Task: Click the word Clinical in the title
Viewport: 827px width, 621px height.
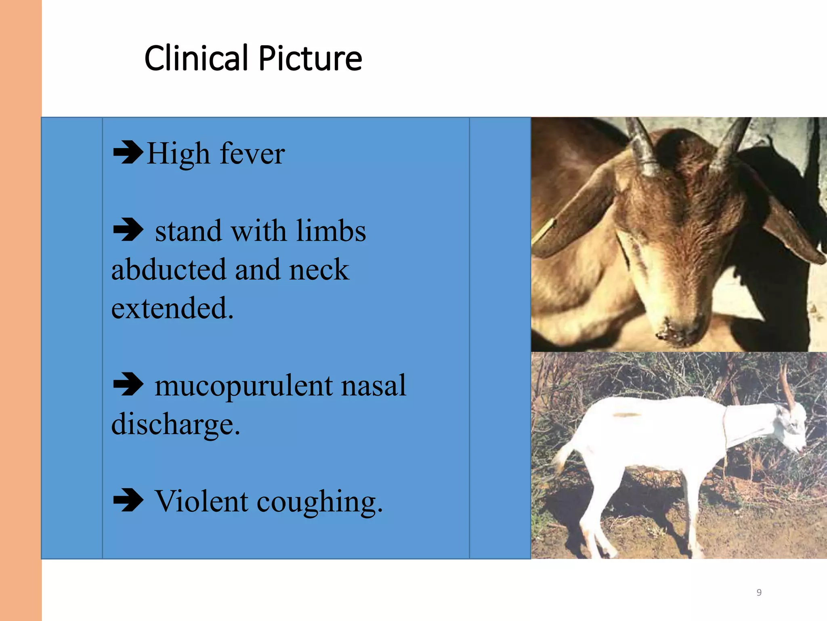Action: pyautogui.click(x=196, y=59)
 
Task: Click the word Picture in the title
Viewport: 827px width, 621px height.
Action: pyautogui.click(x=310, y=59)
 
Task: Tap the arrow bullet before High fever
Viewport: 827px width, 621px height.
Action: pyautogui.click(x=128, y=152)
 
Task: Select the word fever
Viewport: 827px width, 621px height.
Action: pyautogui.click(x=252, y=154)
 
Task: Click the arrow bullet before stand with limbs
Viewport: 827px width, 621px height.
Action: pyautogui.click(x=128, y=230)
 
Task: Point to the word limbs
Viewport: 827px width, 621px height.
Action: pyautogui.click(x=331, y=231)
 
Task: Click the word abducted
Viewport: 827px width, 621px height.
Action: pyautogui.click(x=168, y=269)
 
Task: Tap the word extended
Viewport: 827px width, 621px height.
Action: pyautogui.click(x=172, y=308)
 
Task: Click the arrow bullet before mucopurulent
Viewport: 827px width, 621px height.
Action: pyautogui.click(x=128, y=384)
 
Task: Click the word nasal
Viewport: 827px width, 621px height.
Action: pyautogui.click(x=374, y=385)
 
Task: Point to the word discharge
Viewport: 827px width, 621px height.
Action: pyautogui.click(x=176, y=425)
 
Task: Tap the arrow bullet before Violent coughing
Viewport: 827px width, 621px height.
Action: pyautogui.click(x=128, y=500)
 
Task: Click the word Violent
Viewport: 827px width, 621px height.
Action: pyautogui.click(x=202, y=501)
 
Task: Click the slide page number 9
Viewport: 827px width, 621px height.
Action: pyautogui.click(x=759, y=592)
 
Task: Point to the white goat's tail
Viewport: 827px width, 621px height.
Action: pyautogui.click(x=561, y=457)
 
